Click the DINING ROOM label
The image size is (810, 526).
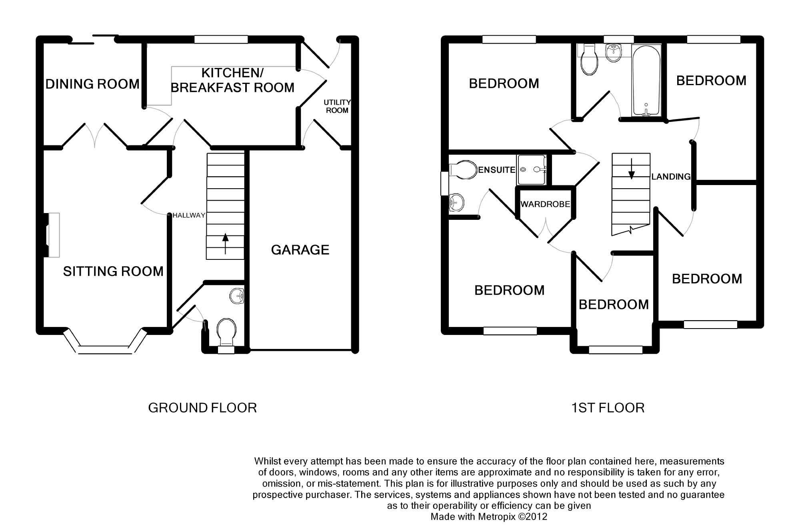(x=92, y=84)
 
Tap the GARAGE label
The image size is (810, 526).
(x=300, y=250)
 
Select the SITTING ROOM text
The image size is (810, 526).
(x=113, y=271)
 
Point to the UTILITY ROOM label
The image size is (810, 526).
(x=337, y=106)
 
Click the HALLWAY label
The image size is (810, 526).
(x=189, y=215)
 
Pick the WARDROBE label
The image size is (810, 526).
(x=545, y=204)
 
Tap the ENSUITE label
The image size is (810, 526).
(x=497, y=170)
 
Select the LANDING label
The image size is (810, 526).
(x=671, y=176)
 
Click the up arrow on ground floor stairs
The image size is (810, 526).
(x=225, y=243)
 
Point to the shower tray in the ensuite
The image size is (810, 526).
(x=532, y=170)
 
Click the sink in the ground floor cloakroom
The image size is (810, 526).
(x=237, y=297)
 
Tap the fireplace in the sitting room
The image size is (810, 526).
(x=51, y=235)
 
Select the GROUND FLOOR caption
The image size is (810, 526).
(x=202, y=408)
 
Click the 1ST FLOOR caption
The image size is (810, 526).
(x=608, y=408)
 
